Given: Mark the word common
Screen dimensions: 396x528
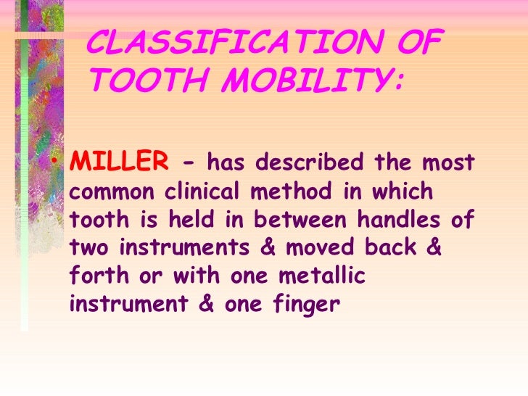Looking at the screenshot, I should click(112, 192).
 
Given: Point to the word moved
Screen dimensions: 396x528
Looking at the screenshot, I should click(320, 248).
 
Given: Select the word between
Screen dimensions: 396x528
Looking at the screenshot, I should click(304, 220).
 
